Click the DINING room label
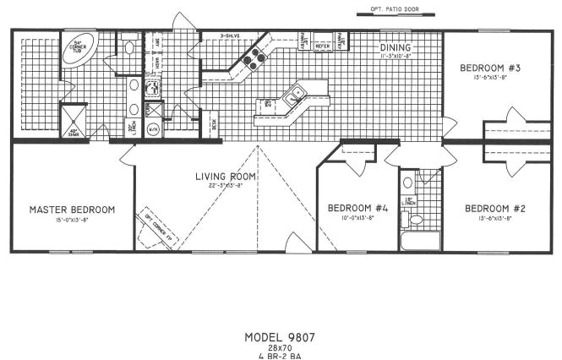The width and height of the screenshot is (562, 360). pyautogui.click(x=396, y=47)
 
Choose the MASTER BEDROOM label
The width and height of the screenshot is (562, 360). pyautogui.click(x=72, y=209)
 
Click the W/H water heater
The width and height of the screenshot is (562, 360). pyautogui.click(x=153, y=129)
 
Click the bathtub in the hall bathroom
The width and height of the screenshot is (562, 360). pyautogui.click(x=421, y=242)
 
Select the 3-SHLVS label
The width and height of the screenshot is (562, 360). pyautogui.click(x=229, y=36)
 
